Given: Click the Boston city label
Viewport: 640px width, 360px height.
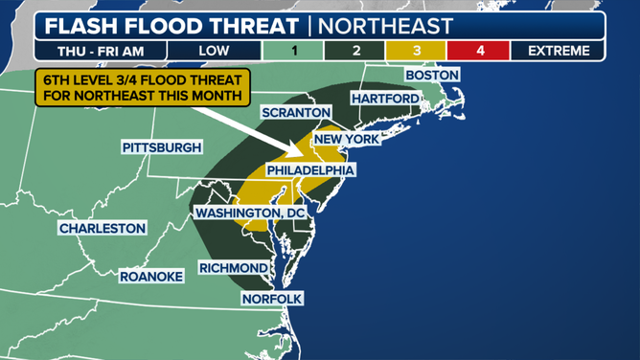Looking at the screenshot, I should coord(431,75).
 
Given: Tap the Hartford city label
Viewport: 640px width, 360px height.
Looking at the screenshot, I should coord(385,99).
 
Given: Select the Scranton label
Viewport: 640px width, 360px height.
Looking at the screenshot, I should coord(296,113).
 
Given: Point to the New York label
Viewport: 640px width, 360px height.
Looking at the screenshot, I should coord(347,140).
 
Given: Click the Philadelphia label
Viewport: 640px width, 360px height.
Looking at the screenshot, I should coord(310,170).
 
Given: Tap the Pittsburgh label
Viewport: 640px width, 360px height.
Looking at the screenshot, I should coord(162,147).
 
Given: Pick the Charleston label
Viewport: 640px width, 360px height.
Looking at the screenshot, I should coord(103,229).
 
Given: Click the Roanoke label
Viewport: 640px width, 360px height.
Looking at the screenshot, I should coord(150,277).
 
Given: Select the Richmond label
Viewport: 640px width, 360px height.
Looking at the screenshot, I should coord(234,268).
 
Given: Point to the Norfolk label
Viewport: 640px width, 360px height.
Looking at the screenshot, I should coord(272,299).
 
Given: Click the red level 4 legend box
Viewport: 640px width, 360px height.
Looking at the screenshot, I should coord(479,51).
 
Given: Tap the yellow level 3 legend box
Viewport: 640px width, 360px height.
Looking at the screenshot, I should coord(417,51).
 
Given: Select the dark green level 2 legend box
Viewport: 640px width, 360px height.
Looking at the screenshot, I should coord(355,51).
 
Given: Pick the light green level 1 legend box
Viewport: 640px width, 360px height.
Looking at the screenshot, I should coord(293,51).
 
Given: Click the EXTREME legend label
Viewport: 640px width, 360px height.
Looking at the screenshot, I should coord(558,51).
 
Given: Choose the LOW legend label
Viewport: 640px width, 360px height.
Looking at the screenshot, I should coord(214,51).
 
